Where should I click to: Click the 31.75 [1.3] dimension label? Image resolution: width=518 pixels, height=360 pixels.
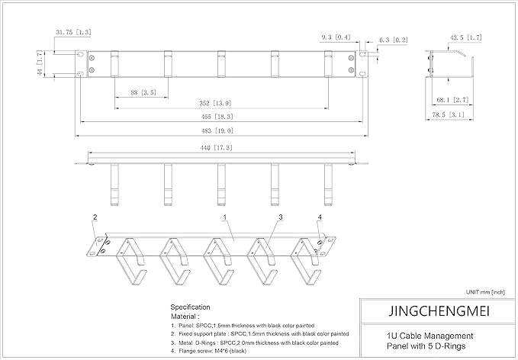click(73, 32)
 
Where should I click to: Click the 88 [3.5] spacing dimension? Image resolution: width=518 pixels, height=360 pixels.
click(138, 92)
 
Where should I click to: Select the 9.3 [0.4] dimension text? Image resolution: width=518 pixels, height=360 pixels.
click(336, 36)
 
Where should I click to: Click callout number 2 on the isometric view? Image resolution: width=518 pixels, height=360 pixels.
click(95, 218)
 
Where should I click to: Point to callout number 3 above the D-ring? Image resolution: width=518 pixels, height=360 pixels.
click(281, 218)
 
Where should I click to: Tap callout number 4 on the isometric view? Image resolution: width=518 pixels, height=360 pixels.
click(319, 218)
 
